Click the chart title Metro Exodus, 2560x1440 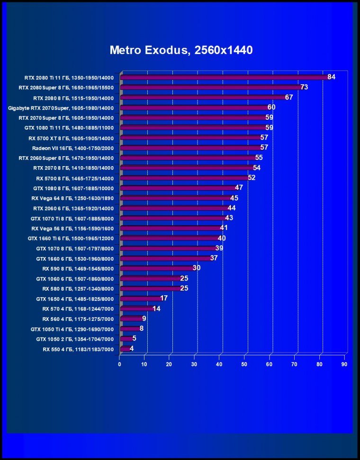pyautogui.click(x=181, y=50)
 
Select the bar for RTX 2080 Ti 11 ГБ pyautogui.click(x=223, y=77)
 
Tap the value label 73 pyautogui.click(x=304, y=87)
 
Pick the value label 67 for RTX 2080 pyautogui.click(x=289, y=97)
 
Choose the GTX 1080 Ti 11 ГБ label pyautogui.click(x=69, y=128)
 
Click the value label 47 pyautogui.click(x=239, y=188)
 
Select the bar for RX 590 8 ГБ pyautogui.click(x=156, y=268)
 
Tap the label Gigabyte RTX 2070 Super pyautogui.click(x=61, y=107)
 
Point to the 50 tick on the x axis pyautogui.click(x=244, y=364)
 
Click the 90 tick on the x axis pyautogui.click(x=344, y=364)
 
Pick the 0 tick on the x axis pyautogui.click(x=119, y=364)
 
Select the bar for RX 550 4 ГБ pyautogui.click(x=125, y=349)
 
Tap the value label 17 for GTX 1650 pyautogui.click(x=164, y=299)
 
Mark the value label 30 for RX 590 pyautogui.click(x=197, y=268)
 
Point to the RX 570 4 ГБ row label pyautogui.click(x=78, y=309)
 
